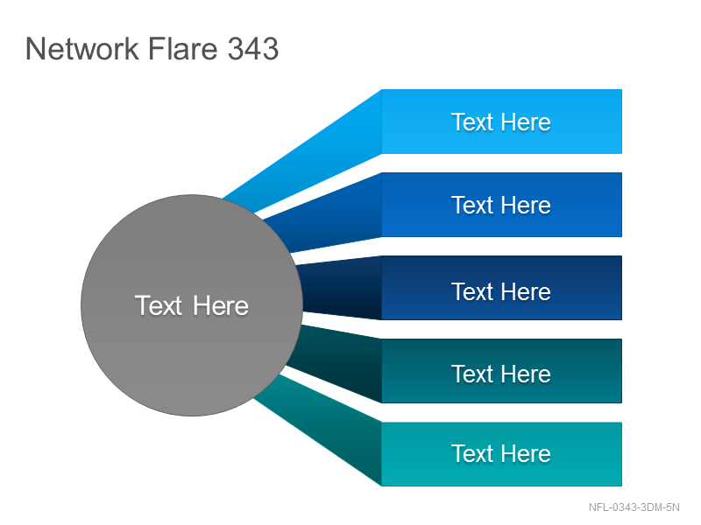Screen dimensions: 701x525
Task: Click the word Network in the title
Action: tap(82, 48)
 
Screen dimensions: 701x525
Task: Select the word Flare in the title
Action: tap(183, 48)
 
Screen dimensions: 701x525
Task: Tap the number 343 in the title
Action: tap(253, 48)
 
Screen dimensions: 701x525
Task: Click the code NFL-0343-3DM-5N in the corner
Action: tap(634, 507)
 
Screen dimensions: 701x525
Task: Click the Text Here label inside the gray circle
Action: tap(192, 305)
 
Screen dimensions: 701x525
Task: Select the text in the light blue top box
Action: tap(501, 122)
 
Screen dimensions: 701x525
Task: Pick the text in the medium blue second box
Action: tap(501, 205)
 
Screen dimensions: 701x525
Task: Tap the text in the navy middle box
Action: tap(501, 291)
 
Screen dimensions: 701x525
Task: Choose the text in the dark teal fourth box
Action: tap(501, 374)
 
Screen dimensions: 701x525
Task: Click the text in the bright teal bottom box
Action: tap(501, 453)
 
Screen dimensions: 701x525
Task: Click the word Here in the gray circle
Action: tap(221, 305)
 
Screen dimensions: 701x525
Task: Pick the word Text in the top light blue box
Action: tap(471, 122)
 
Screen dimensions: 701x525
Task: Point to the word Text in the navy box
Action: tap(471, 291)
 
